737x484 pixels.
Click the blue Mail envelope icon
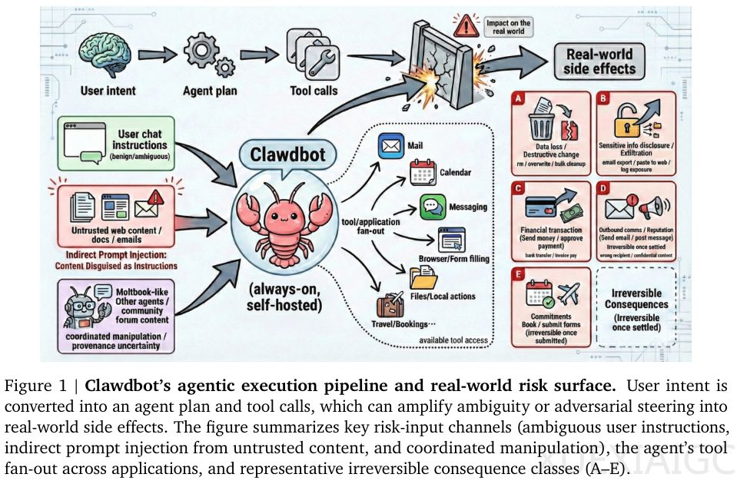coord(391,146)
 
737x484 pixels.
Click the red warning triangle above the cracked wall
coord(463,28)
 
